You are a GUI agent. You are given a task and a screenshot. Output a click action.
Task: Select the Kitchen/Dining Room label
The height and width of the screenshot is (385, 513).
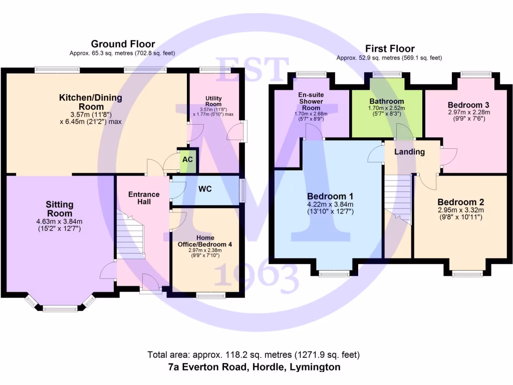point(91,102)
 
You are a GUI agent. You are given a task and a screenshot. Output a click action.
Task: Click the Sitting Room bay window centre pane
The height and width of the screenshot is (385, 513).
point(60,308)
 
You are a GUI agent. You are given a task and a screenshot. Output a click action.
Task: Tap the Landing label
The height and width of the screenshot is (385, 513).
point(409,151)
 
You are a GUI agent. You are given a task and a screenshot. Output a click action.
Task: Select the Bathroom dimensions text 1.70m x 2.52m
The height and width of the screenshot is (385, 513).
point(386,108)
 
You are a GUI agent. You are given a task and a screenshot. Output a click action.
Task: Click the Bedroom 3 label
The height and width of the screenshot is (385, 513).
point(468,105)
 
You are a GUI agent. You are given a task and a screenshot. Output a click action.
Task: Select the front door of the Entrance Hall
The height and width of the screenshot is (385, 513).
point(150,284)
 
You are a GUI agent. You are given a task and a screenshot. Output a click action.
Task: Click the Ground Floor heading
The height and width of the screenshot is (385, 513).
point(123,44)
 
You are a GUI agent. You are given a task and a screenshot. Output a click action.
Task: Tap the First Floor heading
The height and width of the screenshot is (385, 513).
point(389,49)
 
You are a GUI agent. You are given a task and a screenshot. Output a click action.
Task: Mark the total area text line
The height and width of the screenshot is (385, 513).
point(253,355)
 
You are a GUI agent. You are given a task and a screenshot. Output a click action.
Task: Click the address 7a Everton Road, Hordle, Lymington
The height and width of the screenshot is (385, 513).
point(254,367)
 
